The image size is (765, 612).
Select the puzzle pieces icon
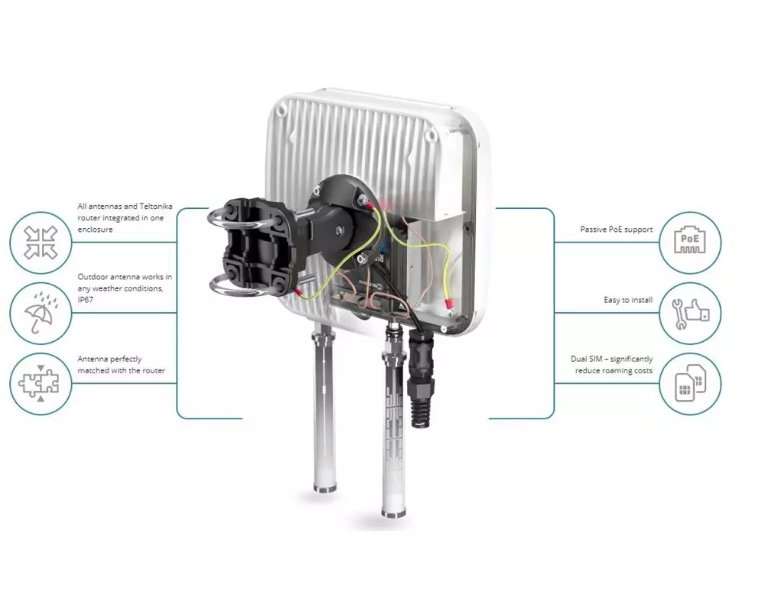pos(39,383)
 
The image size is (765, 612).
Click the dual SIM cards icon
pos(690,383)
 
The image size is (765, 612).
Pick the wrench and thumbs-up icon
pos(690,314)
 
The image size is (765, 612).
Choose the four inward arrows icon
pos(41,242)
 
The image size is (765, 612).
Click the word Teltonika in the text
pos(155,207)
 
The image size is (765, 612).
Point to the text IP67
pos(86,300)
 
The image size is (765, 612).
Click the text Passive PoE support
pos(616,229)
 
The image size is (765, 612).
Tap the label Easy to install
pos(628,300)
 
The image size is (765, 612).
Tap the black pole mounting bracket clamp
pos(257,247)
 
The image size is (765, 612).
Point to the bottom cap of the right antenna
pos(393,512)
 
